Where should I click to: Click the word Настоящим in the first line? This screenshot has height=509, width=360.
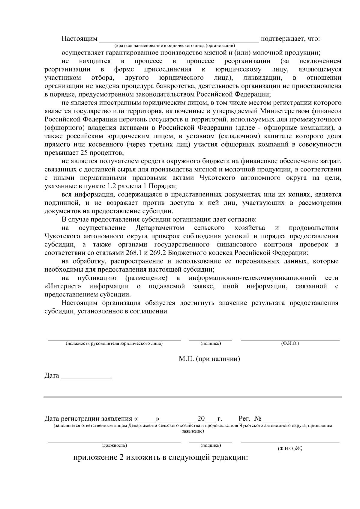point(79,39)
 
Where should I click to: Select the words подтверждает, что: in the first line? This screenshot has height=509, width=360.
point(290,39)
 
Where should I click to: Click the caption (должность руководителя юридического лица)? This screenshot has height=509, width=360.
point(114,344)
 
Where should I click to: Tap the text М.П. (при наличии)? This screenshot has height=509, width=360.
point(209,359)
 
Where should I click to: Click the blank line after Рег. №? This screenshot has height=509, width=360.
point(277,420)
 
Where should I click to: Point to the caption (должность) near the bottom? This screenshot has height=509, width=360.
point(114,445)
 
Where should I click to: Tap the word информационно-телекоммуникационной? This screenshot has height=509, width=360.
point(253,278)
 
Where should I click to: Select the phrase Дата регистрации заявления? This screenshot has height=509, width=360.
point(88,418)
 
